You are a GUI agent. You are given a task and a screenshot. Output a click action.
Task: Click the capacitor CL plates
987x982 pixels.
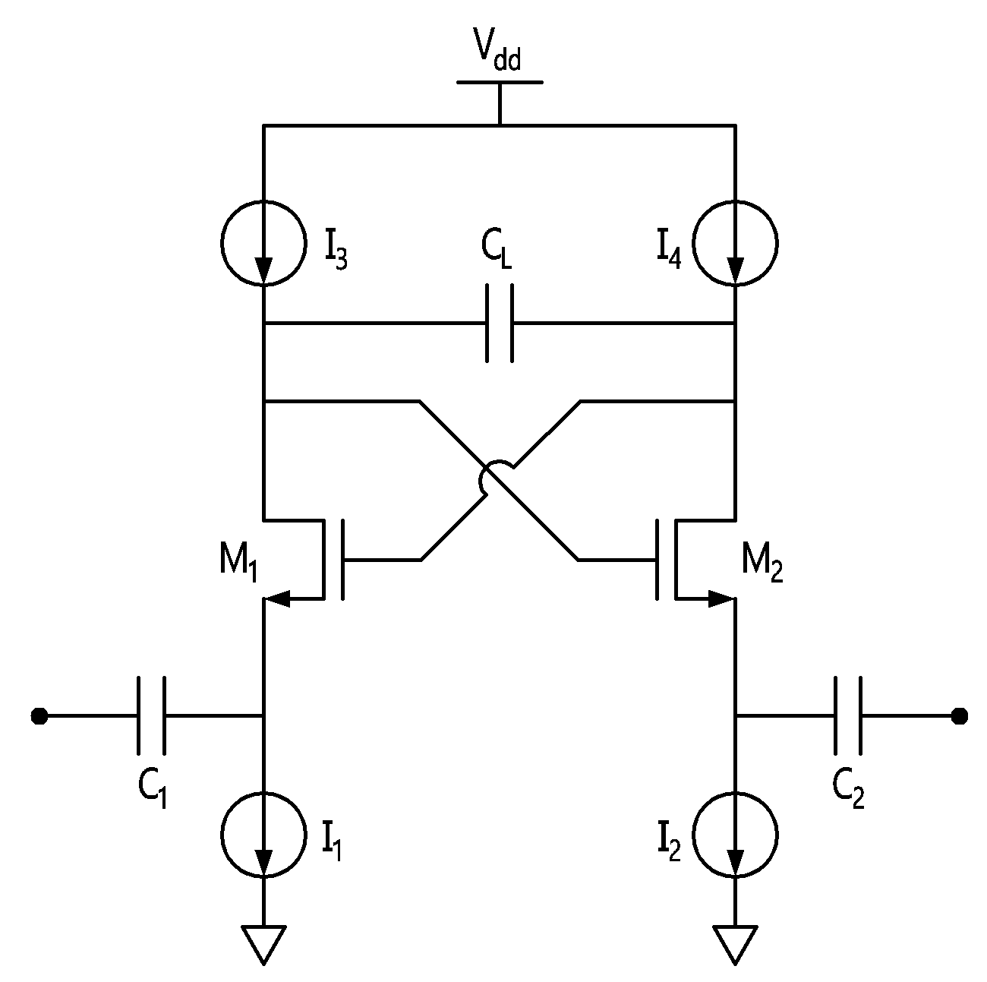pyautogui.click(x=500, y=323)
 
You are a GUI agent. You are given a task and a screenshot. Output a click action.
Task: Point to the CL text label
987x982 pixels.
pyautogui.click(x=497, y=251)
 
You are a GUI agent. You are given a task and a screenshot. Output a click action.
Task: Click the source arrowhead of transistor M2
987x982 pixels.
pyautogui.click(x=722, y=598)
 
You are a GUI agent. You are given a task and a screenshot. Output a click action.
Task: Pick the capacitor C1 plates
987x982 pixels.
pyautogui.click(x=151, y=715)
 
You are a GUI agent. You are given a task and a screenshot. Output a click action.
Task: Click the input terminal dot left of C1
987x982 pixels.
pyautogui.click(x=39, y=715)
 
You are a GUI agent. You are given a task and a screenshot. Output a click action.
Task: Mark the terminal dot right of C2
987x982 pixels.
pyautogui.click(x=960, y=715)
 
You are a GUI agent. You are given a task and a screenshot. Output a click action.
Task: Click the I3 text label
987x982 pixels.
pyautogui.click(x=336, y=251)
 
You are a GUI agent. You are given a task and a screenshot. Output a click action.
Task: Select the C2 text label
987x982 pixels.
pyautogui.click(x=848, y=791)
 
